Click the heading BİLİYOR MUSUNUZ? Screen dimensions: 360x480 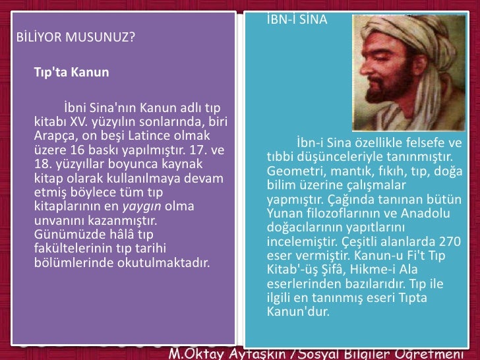tap(75, 36)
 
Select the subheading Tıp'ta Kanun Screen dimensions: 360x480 tap(71, 73)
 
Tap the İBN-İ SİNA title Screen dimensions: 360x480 tap(297, 20)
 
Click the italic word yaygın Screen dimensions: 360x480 tap(142, 206)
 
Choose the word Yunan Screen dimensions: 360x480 tap(283, 213)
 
